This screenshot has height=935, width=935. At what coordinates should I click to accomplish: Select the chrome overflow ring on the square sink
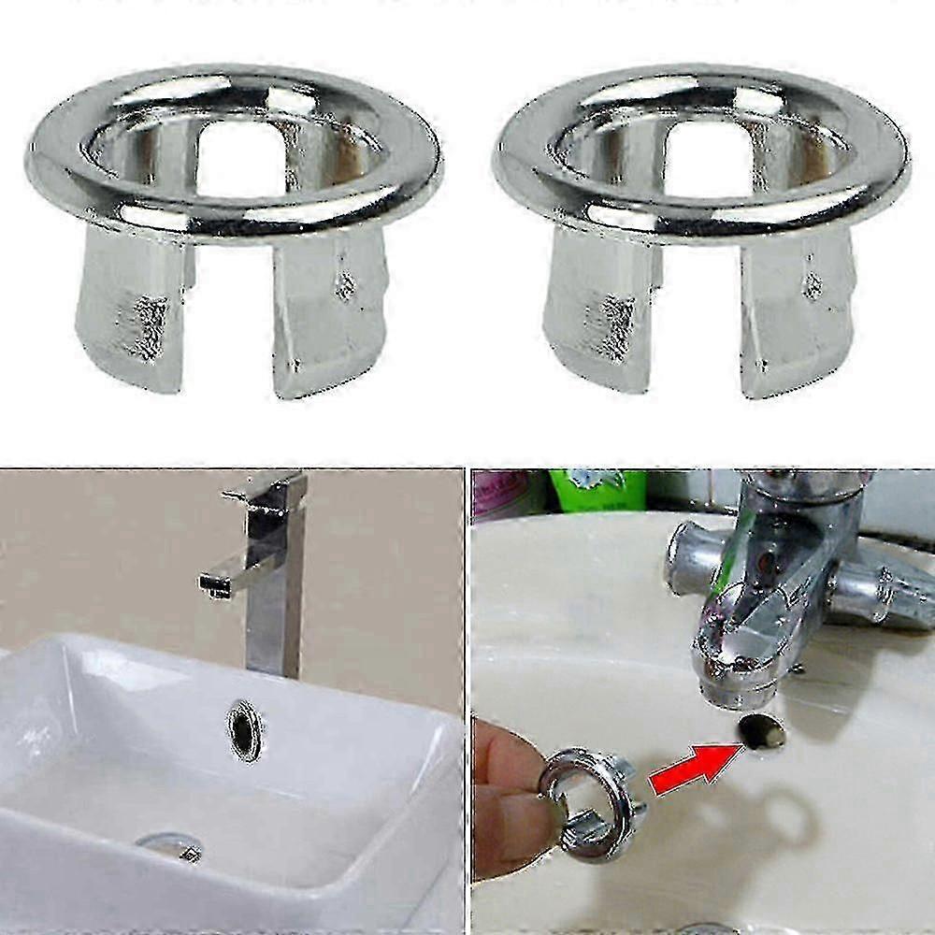[x=245, y=730]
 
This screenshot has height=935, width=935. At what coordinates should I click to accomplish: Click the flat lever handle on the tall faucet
[x=265, y=490]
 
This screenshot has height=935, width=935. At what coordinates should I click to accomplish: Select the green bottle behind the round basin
[x=598, y=489]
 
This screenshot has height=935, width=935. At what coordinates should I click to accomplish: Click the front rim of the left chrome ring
[x=234, y=221]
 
